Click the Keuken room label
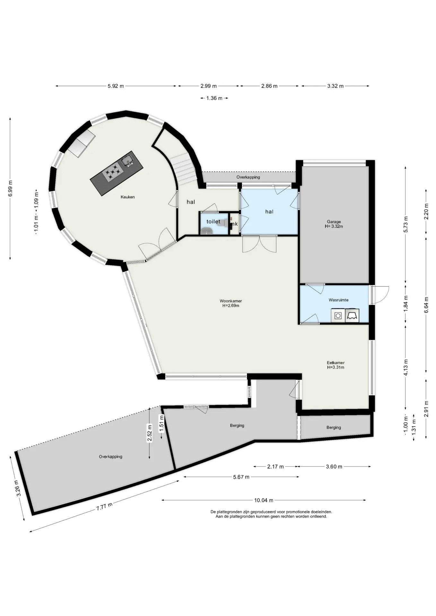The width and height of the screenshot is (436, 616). click(x=127, y=197)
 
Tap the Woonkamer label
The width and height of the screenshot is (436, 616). click(x=231, y=301)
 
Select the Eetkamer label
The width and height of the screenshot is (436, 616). click(x=336, y=363)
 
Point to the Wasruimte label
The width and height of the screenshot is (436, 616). click(x=338, y=300)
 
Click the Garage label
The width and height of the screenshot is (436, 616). click(x=334, y=222)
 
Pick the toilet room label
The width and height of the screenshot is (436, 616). click(x=214, y=221)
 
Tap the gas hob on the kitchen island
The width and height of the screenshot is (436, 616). click(x=113, y=171)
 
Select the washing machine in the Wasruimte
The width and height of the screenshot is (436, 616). click(x=338, y=316)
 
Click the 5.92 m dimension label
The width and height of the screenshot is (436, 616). click(x=116, y=86)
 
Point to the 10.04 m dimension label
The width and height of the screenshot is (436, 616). click(x=264, y=500)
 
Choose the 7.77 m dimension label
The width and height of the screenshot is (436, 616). click(x=104, y=507)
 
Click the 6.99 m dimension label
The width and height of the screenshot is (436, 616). click(x=10, y=188)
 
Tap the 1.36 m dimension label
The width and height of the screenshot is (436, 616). click(x=214, y=98)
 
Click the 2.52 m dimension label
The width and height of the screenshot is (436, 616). click(x=149, y=433)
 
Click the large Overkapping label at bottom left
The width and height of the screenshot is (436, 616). click(x=110, y=457)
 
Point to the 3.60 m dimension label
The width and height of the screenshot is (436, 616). click(x=334, y=466)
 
